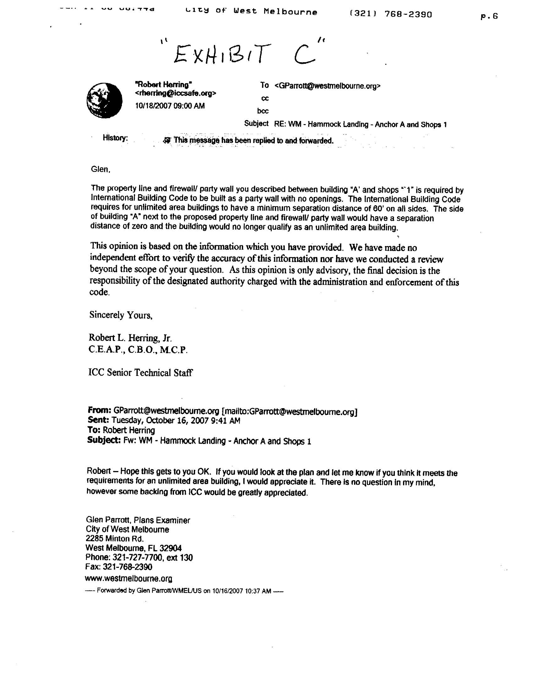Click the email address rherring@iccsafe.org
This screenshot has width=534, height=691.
(176, 93)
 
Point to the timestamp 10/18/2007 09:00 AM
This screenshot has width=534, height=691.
(170, 106)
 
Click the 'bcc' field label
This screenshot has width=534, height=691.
(263, 111)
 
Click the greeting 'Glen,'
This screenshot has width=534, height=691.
(101, 170)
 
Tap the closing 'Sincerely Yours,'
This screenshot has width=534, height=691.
(121, 315)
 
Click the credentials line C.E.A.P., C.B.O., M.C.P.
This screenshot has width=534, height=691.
(138, 350)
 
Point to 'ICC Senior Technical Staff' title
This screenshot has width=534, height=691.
(140, 372)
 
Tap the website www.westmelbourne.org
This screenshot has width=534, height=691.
(128, 579)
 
